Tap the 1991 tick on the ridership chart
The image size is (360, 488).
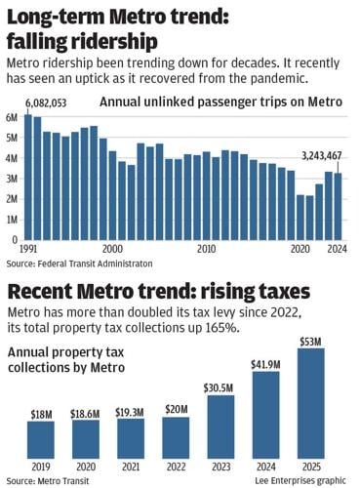pos(30,249)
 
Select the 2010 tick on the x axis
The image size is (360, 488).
pos(206,249)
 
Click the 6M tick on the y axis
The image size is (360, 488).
pos(12,116)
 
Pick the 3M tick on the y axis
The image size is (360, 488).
pos(12,178)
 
